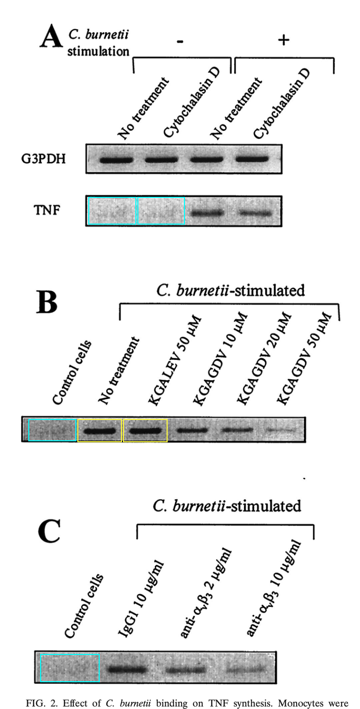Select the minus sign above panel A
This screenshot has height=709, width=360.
click(x=179, y=42)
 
